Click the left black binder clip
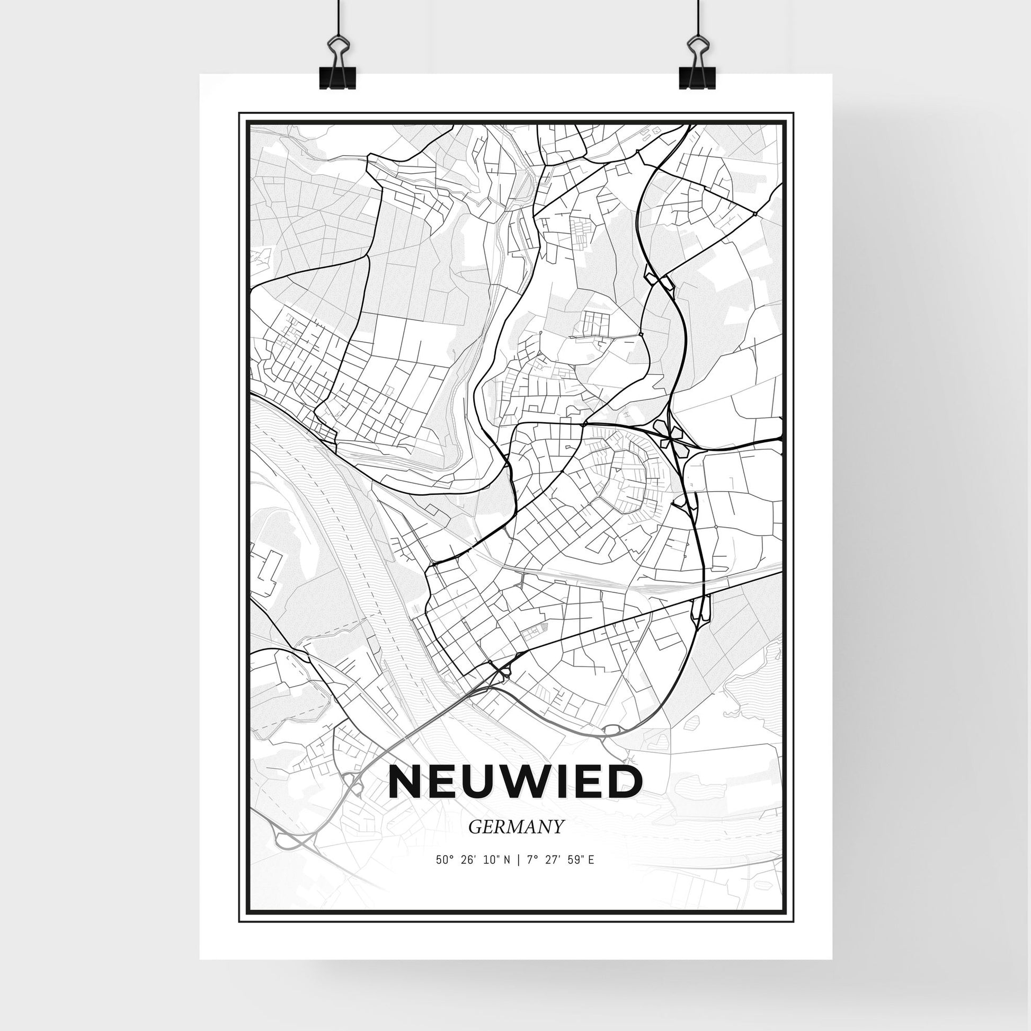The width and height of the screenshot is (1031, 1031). point(337,76)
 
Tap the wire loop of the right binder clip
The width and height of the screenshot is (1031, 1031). point(697,47)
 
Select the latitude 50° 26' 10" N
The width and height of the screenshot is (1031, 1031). point(473,875)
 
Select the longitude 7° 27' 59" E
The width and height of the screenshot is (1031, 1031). point(561,875)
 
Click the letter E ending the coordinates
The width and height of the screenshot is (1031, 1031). point(592,875)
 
